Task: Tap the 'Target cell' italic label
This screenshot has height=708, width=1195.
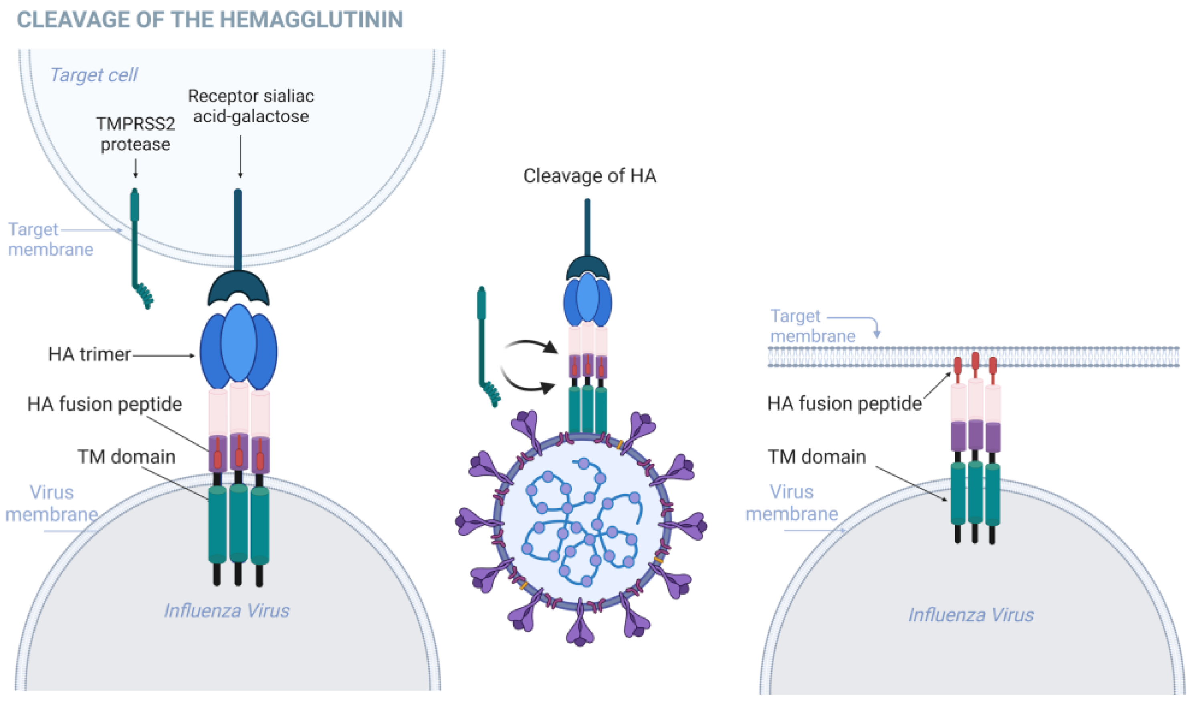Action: [x=94, y=75]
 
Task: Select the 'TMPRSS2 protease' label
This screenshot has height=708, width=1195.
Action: [x=135, y=134]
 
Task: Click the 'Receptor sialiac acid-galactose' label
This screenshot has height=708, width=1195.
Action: [x=251, y=106]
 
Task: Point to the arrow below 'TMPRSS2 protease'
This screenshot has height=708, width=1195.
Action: [x=135, y=168]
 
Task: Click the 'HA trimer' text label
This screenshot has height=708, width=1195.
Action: [x=89, y=355]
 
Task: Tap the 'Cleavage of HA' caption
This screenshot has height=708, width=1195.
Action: [x=589, y=175]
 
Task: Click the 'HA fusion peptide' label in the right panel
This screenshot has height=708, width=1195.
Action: [x=844, y=403]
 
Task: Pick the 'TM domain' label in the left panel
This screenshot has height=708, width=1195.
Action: [x=126, y=457]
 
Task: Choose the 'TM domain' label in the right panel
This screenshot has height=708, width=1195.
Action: [x=817, y=457]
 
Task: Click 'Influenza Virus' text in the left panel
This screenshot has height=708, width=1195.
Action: [x=226, y=611]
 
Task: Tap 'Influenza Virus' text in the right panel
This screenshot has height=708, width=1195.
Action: [x=971, y=615]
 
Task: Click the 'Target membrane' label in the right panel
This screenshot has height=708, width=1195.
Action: [x=812, y=326]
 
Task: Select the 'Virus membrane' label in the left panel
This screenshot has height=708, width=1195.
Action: [x=52, y=503]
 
